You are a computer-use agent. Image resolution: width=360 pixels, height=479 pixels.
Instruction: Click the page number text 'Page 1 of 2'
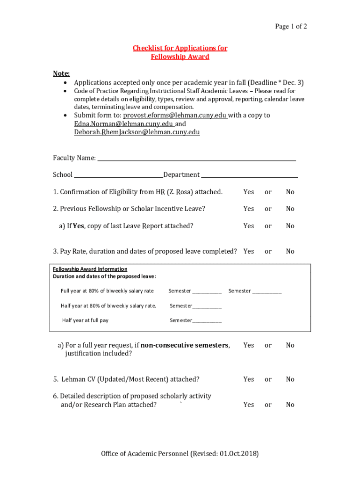(291, 27)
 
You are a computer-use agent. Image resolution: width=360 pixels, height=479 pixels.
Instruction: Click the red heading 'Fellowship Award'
(180, 57)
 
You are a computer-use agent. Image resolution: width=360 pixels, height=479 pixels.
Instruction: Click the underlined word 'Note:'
(61, 74)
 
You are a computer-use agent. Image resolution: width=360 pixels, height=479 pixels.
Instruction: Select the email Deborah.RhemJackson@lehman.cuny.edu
(137, 132)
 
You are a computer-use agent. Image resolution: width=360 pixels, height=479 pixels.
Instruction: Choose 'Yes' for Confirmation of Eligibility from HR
(249, 192)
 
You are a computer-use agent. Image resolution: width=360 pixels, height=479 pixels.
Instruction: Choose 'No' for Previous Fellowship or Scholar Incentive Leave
(290, 209)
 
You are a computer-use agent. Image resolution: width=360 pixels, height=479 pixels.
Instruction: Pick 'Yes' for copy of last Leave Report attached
(249, 226)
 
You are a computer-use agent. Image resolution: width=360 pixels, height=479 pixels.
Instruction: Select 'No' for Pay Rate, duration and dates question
(290, 251)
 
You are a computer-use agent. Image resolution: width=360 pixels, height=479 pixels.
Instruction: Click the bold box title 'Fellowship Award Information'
(90, 269)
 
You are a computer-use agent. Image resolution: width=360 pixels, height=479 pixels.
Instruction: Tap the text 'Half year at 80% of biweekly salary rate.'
(108, 306)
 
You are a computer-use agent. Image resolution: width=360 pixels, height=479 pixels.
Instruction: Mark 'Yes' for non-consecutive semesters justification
(249, 345)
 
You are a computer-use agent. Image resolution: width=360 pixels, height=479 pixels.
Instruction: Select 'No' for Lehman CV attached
(290, 379)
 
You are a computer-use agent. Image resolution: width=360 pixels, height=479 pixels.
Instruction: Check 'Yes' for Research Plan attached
(249, 405)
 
